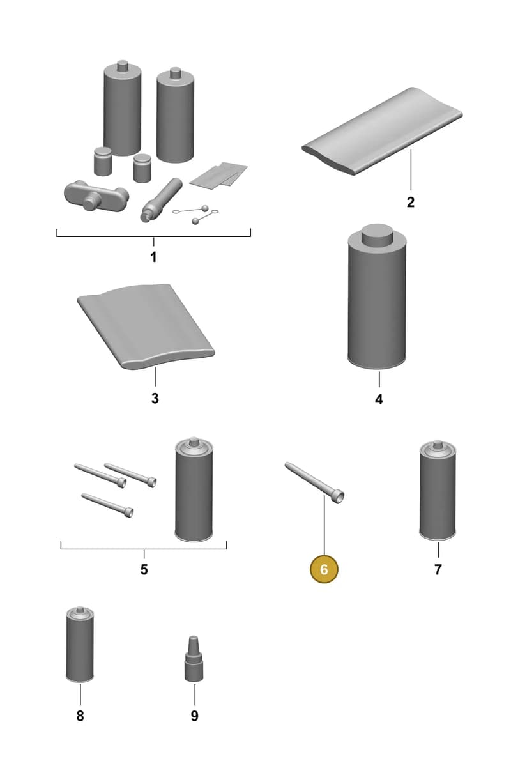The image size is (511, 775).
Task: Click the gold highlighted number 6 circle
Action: tap(324, 569)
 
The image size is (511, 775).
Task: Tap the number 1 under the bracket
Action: tap(153, 257)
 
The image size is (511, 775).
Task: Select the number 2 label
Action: tap(411, 202)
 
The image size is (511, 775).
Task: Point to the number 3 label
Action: tap(155, 398)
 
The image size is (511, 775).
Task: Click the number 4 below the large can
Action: tap(379, 399)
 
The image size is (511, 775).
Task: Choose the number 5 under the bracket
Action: tap(144, 569)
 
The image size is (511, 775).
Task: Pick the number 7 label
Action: tap(438, 569)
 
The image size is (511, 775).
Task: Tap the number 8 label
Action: tap(80, 716)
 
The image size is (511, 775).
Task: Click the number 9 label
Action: tap(194, 716)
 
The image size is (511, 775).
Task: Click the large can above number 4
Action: tap(376, 297)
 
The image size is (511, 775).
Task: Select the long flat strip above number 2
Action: tap(383, 131)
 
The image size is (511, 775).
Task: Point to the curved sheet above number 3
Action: tap(146, 326)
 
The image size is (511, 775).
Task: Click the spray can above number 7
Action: tap(438, 489)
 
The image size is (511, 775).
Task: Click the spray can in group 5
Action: tap(194, 489)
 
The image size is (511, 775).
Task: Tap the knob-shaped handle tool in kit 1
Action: tap(96, 196)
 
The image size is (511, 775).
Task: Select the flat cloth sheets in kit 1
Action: tap(218, 175)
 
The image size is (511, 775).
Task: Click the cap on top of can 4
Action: tap(377, 235)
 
